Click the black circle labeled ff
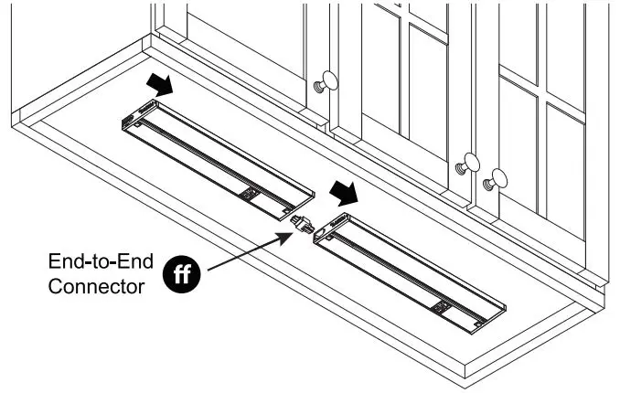pos(181,273)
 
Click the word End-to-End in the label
pos(101,261)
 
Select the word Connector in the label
pos(97,286)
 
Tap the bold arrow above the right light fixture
pos(344,193)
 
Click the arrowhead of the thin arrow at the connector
pos(285,238)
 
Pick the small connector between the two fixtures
pos(303,226)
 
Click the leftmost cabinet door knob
pos(326,82)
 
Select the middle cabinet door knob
pos(468,164)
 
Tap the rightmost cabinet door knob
pos(495,179)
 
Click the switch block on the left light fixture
pos(249,195)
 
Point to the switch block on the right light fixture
pos(442,309)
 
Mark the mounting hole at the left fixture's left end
pos(137,124)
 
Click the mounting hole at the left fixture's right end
pos(286,211)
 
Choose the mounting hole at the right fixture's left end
pos(329,238)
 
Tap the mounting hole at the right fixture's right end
pos(479,324)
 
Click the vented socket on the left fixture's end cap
pos(129,121)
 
